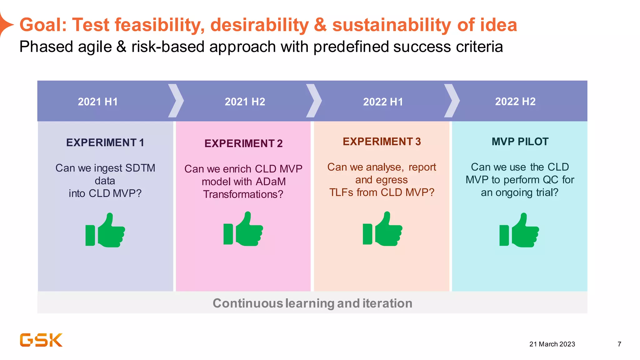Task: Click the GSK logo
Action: pyautogui.click(x=41, y=340)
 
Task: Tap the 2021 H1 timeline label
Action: pyautogui.click(x=98, y=102)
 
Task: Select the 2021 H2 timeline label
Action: pyautogui.click(x=245, y=102)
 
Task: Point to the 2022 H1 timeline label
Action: pyautogui.click(x=383, y=102)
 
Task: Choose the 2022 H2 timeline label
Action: pyautogui.click(x=515, y=102)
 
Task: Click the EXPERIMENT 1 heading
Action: pyautogui.click(x=105, y=142)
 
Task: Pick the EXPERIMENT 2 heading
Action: pyautogui.click(x=243, y=143)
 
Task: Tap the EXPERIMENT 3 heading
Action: pyautogui.click(x=382, y=142)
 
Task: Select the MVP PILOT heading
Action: pyautogui.click(x=520, y=142)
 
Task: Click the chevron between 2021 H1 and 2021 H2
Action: pyautogui.click(x=176, y=101)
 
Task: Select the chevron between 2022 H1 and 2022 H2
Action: pyautogui.click(x=452, y=101)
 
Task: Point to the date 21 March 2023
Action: pyautogui.click(x=552, y=344)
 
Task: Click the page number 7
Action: pyautogui.click(x=619, y=344)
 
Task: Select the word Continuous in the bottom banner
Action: pyautogui.click(x=247, y=303)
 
